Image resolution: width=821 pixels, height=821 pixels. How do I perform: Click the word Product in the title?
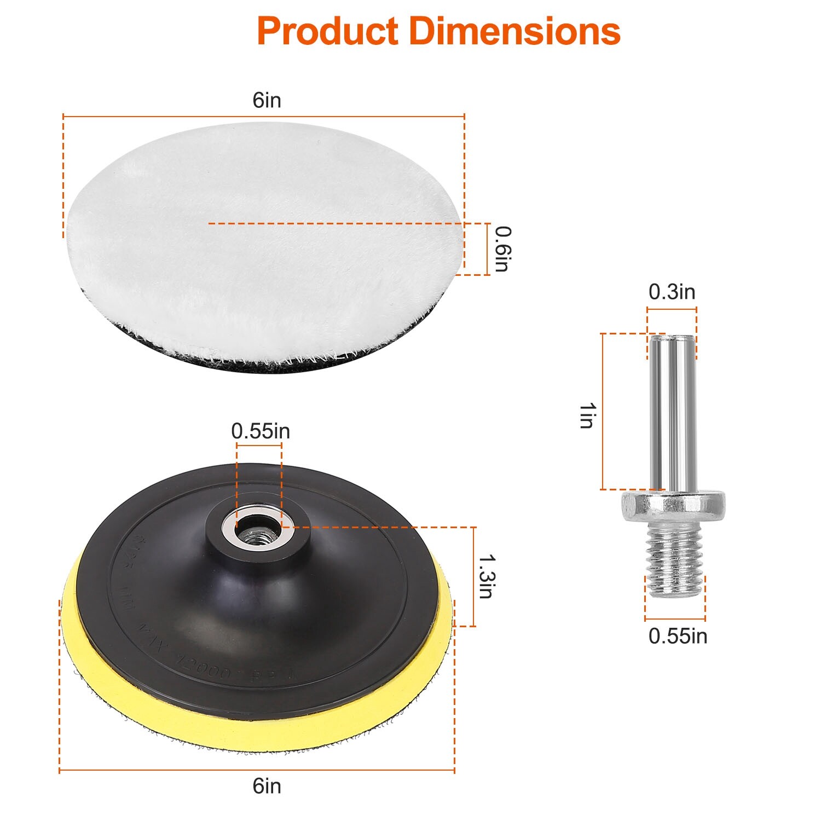click(x=327, y=31)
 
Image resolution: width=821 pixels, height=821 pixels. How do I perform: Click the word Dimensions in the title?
click(x=514, y=31)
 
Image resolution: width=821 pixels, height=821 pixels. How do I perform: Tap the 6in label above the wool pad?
click(x=267, y=100)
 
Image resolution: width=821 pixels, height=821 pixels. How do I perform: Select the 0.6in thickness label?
click(x=502, y=248)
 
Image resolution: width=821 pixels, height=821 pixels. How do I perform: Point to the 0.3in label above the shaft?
click(x=672, y=292)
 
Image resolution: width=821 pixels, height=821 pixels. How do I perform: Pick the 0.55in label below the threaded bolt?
click(x=678, y=636)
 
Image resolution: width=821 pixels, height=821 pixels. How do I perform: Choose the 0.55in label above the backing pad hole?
click(x=260, y=431)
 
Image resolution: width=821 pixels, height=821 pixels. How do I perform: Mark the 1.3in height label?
click(x=487, y=576)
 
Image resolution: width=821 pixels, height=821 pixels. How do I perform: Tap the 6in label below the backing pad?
click(x=267, y=786)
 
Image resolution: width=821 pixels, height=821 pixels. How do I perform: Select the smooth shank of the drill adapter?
click(x=672, y=410)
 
